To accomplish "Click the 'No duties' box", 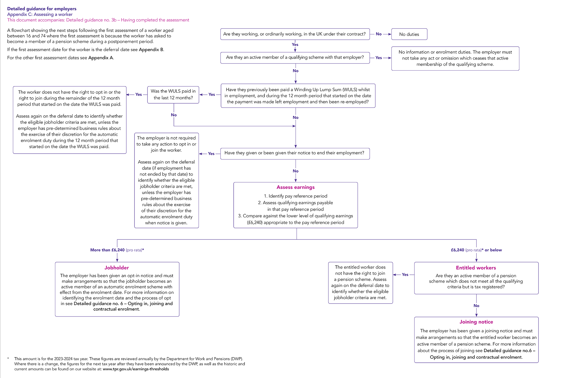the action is [409, 34].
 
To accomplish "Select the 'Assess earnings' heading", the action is [295, 187].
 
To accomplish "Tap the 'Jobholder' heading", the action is [117, 268].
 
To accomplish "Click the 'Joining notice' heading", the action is [476, 322].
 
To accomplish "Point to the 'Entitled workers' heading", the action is [476, 268].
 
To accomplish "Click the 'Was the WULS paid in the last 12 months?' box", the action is [173, 95].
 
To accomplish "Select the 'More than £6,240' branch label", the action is [107, 250].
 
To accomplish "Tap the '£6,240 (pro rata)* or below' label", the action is [476, 250].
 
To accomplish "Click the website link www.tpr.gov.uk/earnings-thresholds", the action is [136, 369].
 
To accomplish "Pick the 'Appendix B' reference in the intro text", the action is [151, 50].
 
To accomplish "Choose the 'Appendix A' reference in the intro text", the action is [101, 58].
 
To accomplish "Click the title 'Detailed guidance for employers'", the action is [42, 9].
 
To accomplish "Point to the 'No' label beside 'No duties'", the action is [379, 34].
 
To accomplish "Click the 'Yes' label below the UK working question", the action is [295, 45].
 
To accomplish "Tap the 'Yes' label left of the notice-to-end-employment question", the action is [211, 154].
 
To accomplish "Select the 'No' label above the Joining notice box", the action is [476, 306].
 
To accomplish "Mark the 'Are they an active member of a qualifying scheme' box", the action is [295, 57].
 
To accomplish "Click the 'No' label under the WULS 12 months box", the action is [174, 115].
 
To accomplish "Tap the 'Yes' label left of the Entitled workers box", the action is [405, 274].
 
